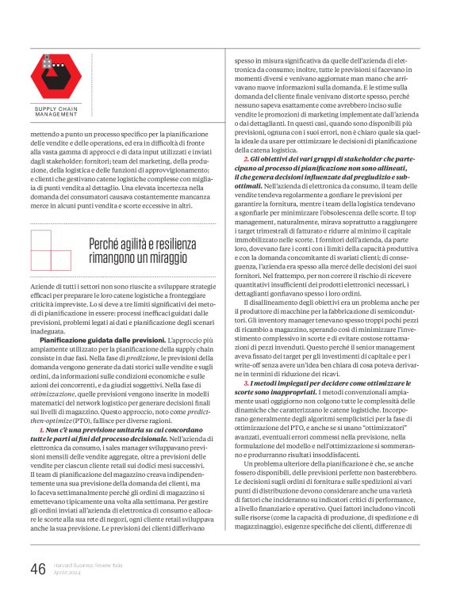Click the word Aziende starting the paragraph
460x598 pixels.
coord(44,283)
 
